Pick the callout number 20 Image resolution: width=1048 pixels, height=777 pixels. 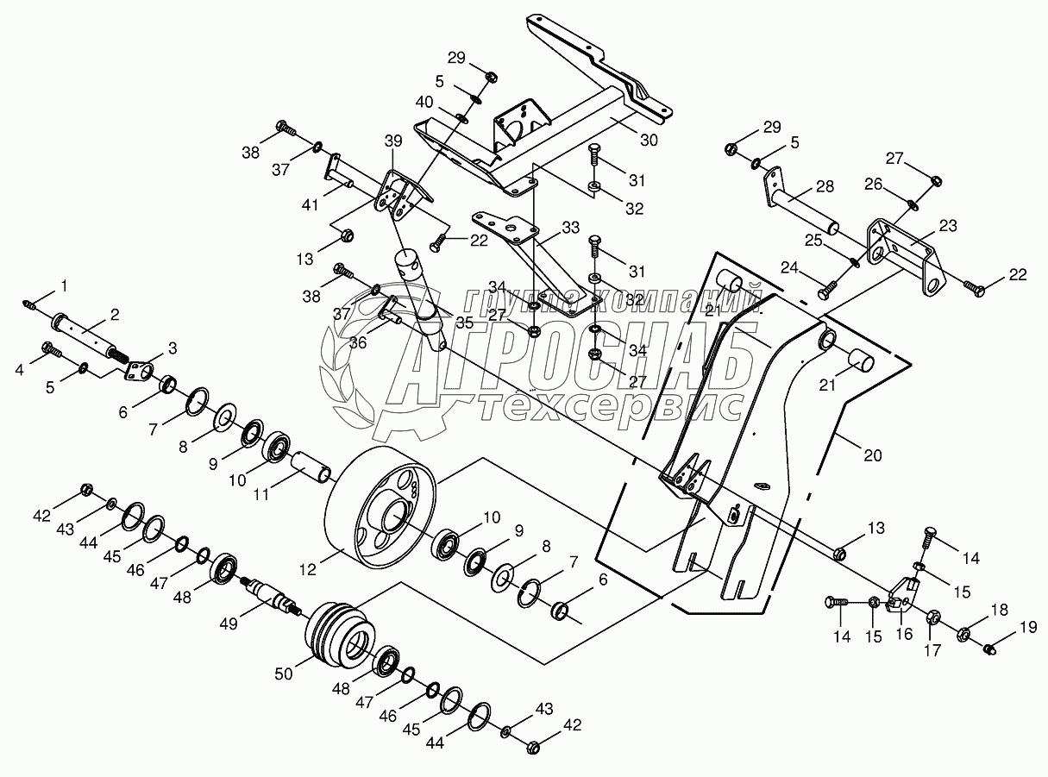[873, 455]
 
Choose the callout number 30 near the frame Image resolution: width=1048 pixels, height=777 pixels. [649, 140]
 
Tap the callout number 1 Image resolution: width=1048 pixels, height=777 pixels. [61, 285]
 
